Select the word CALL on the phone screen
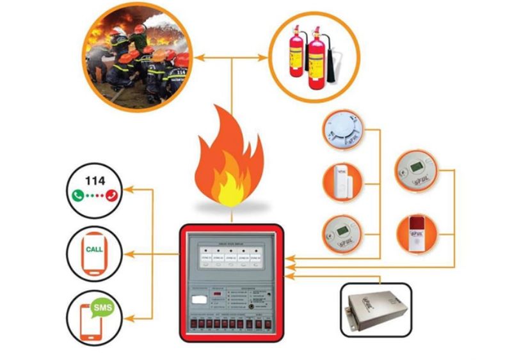pyautogui.click(x=94, y=249)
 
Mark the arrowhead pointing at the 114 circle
pyautogui.click(x=127, y=190)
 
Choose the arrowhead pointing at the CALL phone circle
pyautogui.click(x=127, y=254)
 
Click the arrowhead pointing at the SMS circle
pyautogui.click(x=127, y=317)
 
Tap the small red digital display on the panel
pyautogui.click(x=218, y=295)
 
